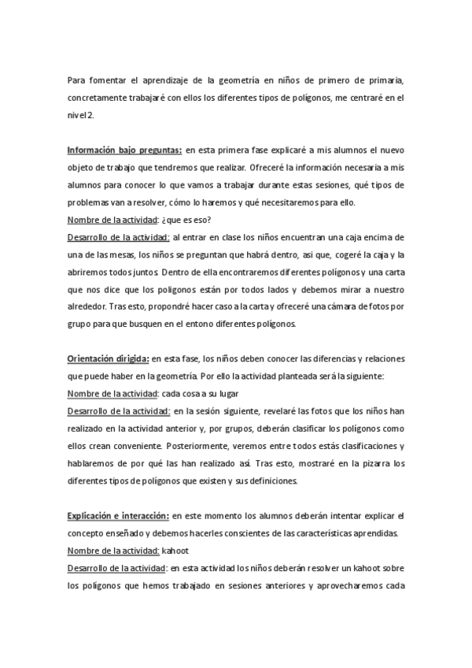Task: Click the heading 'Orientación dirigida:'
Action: click(x=108, y=359)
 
